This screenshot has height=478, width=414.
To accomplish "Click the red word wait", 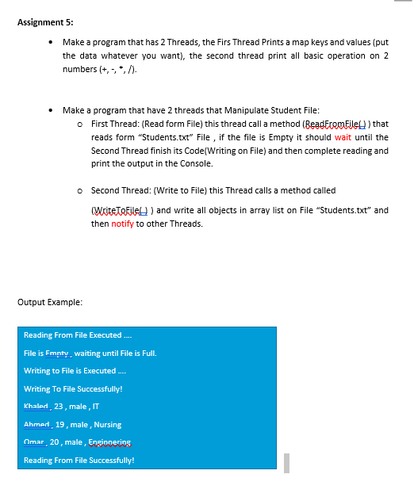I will [343, 137].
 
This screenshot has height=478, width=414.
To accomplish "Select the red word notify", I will [121, 224].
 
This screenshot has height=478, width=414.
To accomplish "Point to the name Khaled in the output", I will [36, 407].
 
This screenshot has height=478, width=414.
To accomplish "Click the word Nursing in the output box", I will [106, 425].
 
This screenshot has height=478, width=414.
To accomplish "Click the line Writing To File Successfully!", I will [73, 388].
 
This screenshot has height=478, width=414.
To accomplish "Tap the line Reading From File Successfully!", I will [79, 460].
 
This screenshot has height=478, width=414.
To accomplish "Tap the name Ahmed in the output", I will [36, 425].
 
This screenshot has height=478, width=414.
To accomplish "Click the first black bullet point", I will [52, 44].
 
